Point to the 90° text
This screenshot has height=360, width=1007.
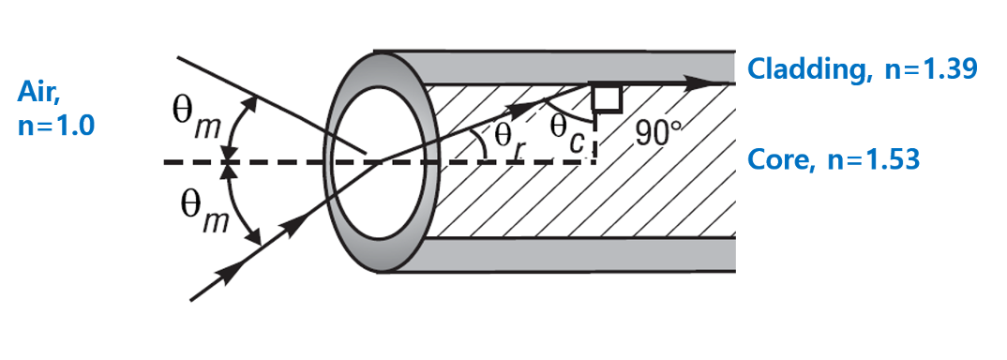pos(655,133)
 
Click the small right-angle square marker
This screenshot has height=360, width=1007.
pos(605,96)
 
